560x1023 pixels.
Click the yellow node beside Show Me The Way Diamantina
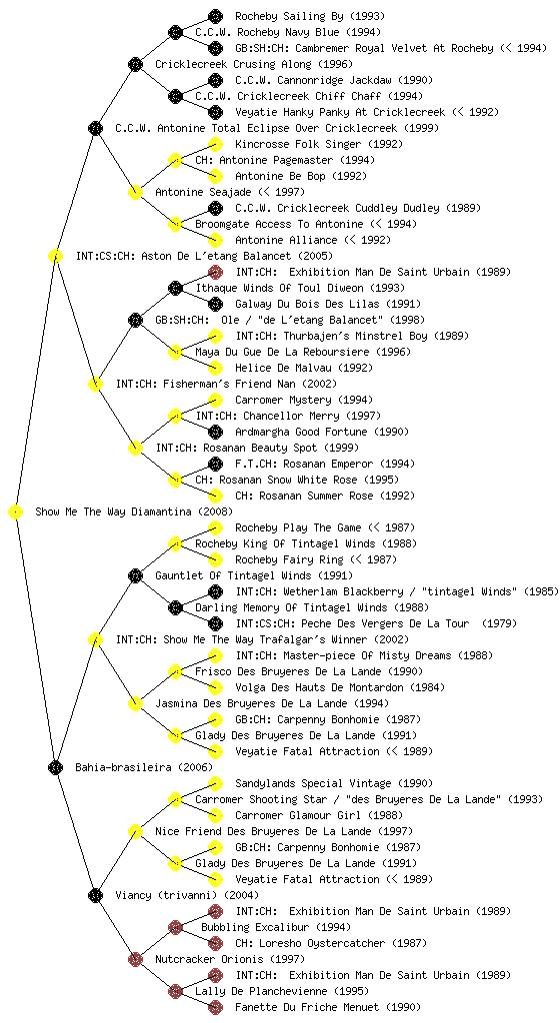tap(15, 512)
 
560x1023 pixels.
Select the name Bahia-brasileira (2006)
tap(144, 767)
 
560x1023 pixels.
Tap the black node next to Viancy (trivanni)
tap(95, 895)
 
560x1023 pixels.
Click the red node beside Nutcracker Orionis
tap(135, 959)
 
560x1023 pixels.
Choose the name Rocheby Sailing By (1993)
tap(310, 16)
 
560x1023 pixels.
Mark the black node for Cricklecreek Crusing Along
tap(135, 64)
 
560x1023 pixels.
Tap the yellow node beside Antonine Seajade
tap(135, 192)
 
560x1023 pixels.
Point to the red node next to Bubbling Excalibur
tap(175, 927)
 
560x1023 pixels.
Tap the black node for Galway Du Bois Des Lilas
tap(215, 304)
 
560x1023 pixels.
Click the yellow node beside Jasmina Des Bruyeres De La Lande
tap(135, 703)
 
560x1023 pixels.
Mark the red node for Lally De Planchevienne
tap(175, 991)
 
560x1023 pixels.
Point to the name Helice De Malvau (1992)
tap(304, 368)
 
